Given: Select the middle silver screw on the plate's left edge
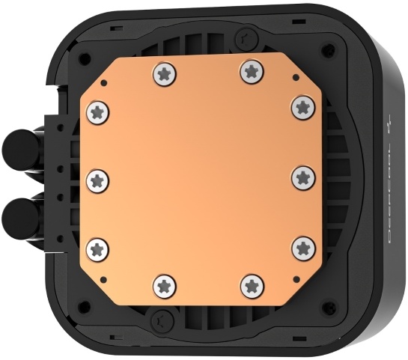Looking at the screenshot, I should click(98, 179).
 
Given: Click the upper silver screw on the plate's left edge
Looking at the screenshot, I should click(98, 112).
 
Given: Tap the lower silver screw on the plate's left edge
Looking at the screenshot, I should click(98, 248).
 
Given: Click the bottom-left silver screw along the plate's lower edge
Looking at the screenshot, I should click(165, 285).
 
